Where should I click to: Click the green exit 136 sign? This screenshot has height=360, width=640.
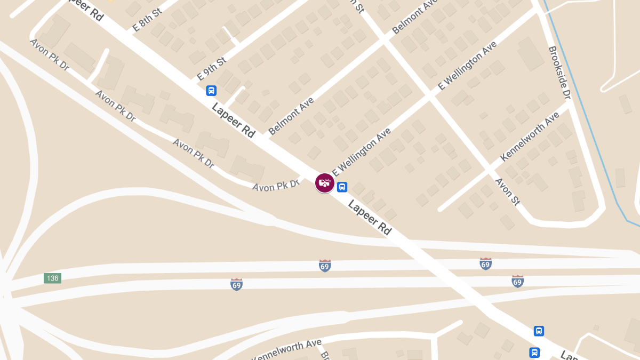point(52,278)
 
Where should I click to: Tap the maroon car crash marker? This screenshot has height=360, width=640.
point(324,183)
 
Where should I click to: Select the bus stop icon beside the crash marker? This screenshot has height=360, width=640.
point(342,187)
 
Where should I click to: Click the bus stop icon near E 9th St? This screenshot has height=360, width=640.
point(211,91)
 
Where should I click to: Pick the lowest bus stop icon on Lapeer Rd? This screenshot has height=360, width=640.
point(534,353)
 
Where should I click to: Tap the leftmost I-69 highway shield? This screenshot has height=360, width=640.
point(236,284)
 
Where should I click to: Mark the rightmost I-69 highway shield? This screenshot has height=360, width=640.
point(517,281)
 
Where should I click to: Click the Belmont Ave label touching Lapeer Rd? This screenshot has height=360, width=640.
point(291,116)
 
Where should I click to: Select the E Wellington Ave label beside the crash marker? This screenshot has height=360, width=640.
point(362,151)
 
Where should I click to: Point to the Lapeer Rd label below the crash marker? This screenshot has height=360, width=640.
point(370,218)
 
